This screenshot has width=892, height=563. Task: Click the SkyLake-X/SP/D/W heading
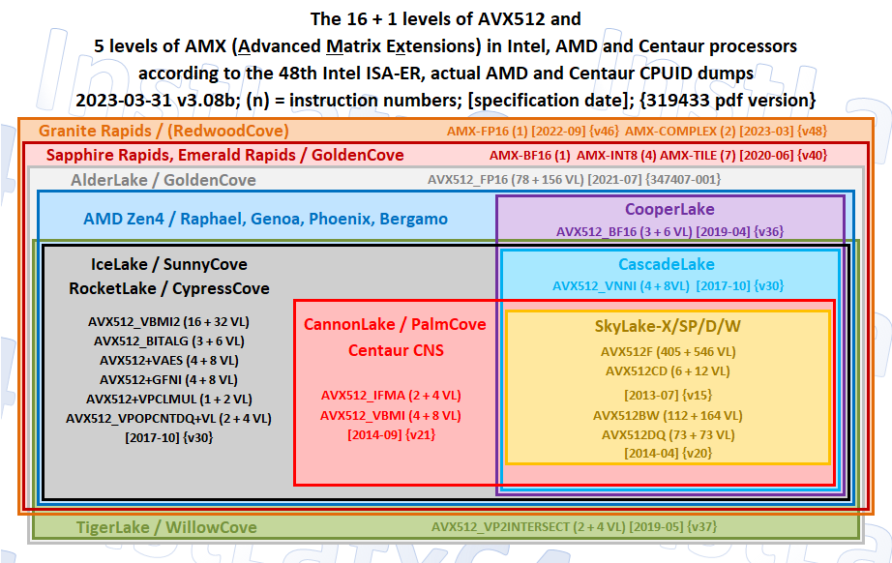pos(668,326)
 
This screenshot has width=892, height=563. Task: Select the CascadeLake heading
pos(668,264)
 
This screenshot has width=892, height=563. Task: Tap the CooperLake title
pos(669,209)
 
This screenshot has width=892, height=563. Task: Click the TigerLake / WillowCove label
pos(166,527)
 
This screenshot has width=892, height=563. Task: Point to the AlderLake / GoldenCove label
pos(164,179)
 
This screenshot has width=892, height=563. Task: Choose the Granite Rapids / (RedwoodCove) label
pos(164,131)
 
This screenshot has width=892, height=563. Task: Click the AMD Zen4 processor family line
pos(265,219)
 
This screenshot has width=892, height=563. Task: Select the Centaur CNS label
pos(396,349)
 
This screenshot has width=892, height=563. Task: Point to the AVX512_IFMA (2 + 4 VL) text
pos(391,395)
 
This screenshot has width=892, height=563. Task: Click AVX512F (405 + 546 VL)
pos(668,351)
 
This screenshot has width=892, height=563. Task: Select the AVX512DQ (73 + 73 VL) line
pos(668,434)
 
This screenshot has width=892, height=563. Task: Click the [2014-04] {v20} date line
pos(668,453)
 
